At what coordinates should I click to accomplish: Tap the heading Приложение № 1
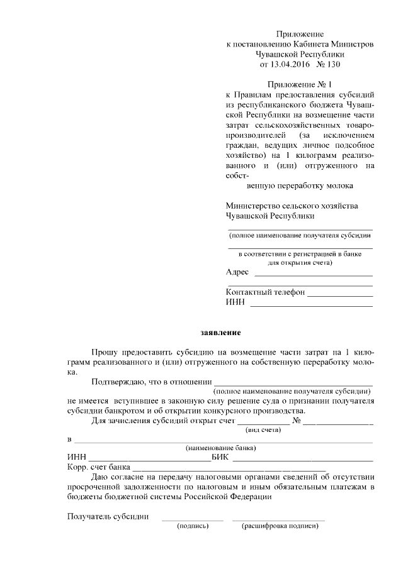tap(299, 84)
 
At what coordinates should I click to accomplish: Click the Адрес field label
tap(237, 272)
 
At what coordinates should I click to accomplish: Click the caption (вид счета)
tap(263, 430)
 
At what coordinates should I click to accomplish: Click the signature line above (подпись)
tap(193, 519)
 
